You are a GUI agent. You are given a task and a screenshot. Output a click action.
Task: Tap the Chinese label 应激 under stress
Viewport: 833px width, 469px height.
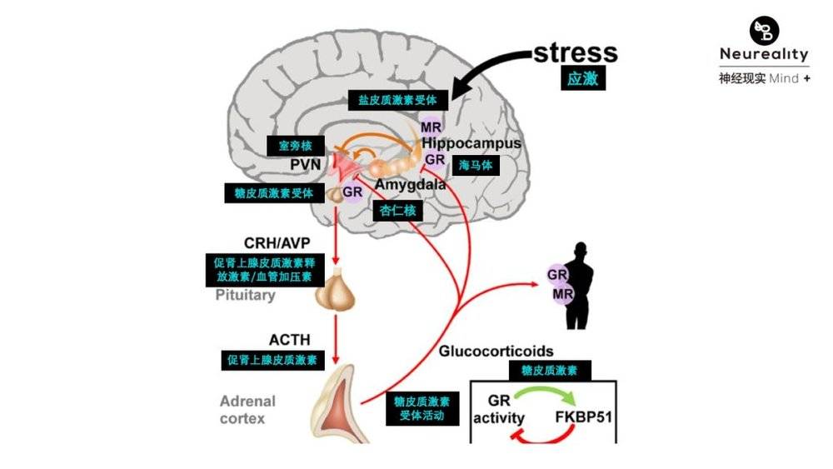(x=582, y=79)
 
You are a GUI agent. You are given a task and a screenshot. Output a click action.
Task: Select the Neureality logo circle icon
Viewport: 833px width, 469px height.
(x=764, y=31)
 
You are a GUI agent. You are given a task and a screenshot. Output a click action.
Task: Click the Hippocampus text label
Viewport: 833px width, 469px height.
(x=471, y=143)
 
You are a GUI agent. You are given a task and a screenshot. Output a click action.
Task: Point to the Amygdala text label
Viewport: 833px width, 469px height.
(x=410, y=184)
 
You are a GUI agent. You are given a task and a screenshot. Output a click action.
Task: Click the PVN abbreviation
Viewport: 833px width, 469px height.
(x=306, y=164)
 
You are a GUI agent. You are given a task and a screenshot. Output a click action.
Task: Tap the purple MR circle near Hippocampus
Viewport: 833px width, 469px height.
(x=430, y=127)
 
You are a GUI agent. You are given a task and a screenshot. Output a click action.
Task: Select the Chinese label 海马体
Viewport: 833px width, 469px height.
(x=476, y=165)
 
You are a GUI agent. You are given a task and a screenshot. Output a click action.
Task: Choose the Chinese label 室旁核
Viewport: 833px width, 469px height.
(x=290, y=146)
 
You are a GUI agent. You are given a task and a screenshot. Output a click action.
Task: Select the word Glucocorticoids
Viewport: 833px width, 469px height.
(x=496, y=351)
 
